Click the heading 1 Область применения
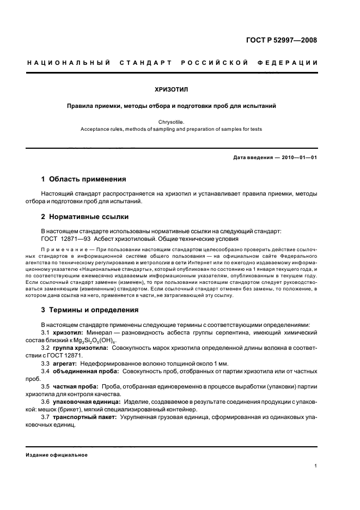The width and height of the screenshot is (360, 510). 84,179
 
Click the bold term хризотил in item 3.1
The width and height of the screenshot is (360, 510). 68,332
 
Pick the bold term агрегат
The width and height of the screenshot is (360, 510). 65,363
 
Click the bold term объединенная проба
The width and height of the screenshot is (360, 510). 84,371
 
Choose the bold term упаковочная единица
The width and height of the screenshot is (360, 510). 87,402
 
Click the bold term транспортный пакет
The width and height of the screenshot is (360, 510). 85,417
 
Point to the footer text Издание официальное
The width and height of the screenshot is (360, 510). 57,454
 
